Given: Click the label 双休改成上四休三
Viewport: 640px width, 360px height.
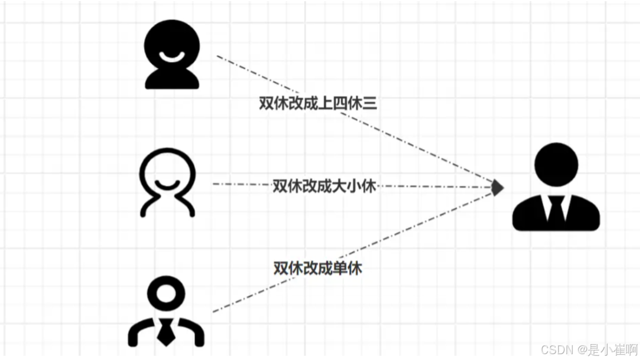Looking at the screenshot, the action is click(318, 103).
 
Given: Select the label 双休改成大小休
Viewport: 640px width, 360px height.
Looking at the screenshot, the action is click(324, 186).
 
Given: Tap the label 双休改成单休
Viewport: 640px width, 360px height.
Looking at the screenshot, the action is click(317, 268).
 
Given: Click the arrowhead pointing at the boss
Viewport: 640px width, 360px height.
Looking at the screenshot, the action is click(497, 187).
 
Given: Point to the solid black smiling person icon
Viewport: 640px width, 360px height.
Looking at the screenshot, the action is click(172, 54).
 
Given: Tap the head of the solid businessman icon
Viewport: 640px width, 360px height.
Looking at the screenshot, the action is click(556, 165).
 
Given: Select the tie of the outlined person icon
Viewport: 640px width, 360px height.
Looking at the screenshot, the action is click(166, 332).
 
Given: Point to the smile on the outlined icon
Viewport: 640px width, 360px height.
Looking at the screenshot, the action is click(167, 184).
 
